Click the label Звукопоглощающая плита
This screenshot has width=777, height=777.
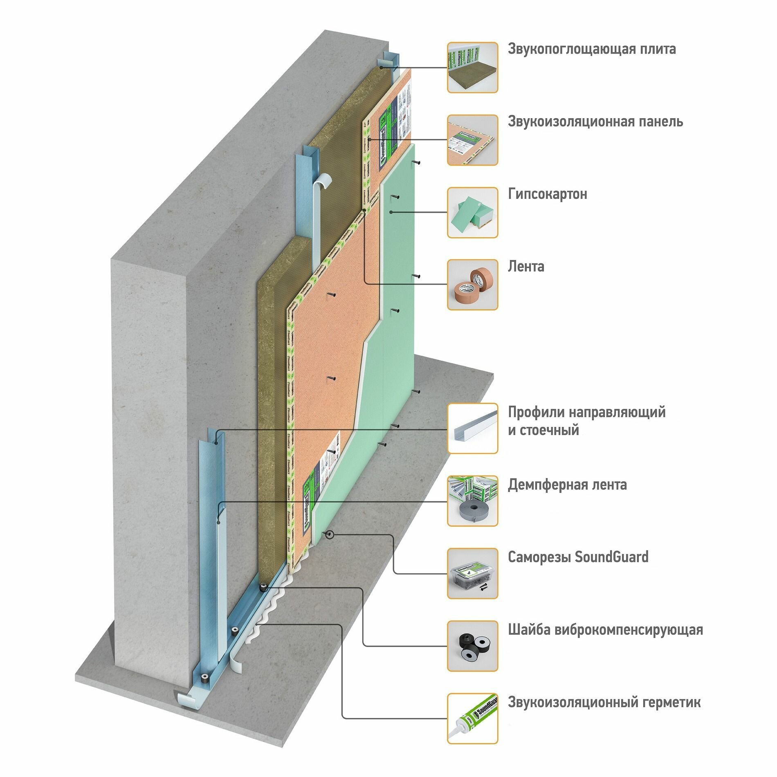(x=591, y=49)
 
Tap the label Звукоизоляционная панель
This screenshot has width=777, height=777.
(x=595, y=121)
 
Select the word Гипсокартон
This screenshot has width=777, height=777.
(x=547, y=194)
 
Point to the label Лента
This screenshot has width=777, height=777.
(x=526, y=267)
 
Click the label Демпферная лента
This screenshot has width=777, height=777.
(x=567, y=485)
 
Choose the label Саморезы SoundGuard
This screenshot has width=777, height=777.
(x=578, y=557)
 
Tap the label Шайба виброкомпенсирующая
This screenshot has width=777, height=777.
(x=605, y=630)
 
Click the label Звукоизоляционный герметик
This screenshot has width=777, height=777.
(x=604, y=702)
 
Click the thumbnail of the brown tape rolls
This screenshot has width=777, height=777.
(x=472, y=285)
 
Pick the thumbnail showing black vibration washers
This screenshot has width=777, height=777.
(x=472, y=646)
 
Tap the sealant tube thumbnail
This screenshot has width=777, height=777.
(x=472, y=719)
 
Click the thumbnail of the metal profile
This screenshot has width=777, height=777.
(x=472, y=428)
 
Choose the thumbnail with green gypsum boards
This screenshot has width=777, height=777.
(x=472, y=213)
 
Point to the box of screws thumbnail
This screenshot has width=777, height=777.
(x=472, y=573)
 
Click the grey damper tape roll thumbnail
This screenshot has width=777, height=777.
(x=472, y=501)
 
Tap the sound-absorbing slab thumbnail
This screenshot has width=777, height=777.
(x=472, y=67)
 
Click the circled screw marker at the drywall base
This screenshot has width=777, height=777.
(x=330, y=534)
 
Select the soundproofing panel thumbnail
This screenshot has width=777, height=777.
(x=472, y=140)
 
